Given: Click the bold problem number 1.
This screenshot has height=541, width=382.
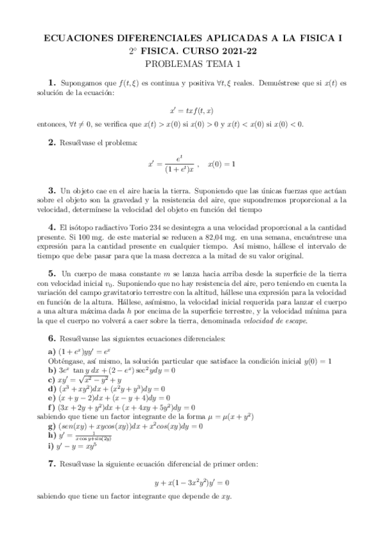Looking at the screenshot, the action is pos(52,83).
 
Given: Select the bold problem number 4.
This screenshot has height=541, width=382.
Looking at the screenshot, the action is pos(52,226).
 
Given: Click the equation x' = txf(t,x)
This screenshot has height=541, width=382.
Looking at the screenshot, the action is pos(191,109).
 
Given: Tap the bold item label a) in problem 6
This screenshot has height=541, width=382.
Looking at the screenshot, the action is pos(51,352).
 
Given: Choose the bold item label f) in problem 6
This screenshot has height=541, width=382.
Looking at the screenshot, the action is pos(51,406).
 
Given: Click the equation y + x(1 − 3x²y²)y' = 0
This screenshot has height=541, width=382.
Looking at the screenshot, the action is pos(191,482).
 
